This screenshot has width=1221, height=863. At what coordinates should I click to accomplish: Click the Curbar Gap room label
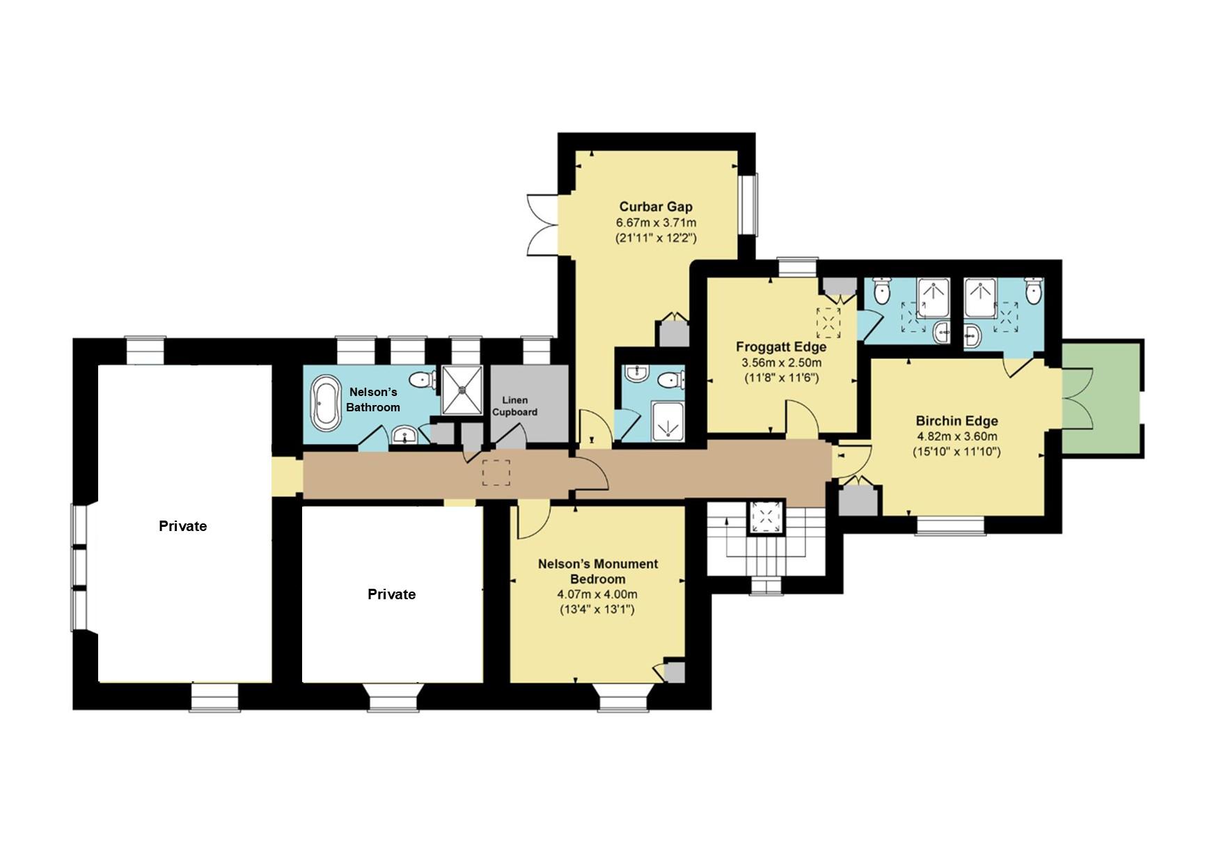pyautogui.click(x=656, y=207)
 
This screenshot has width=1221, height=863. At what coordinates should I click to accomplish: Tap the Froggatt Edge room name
pyautogui.click(x=781, y=347)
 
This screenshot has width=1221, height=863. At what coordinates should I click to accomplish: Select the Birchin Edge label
pyautogui.click(x=956, y=421)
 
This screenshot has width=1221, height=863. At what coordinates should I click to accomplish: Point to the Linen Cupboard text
pyautogui.click(x=514, y=406)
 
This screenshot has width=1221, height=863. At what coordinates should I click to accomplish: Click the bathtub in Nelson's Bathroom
pyautogui.click(x=325, y=403)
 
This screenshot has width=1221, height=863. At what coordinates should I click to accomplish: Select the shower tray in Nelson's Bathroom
pyautogui.click(x=462, y=390)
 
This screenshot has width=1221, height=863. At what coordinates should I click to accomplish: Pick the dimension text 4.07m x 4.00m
pyautogui.click(x=597, y=594)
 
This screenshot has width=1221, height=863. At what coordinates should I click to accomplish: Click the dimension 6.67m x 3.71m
pyautogui.click(x=656, y=223)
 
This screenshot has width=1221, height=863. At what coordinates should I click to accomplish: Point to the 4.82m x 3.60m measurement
pyautogui.click(x=956, y=436)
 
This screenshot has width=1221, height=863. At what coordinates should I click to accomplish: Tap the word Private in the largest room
pyautogui.click(x=182, y=526)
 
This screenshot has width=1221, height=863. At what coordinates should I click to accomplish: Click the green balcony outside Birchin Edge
pyautogui.click(x=1102, y=399)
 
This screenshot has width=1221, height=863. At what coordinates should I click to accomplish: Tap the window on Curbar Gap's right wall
pyautogui.click(x=749, y=205)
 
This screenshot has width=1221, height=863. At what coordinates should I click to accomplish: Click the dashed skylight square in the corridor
pyautogui.click(x=497, y=473)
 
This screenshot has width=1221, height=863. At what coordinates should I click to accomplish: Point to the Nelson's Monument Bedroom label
pyautogui.click(x=598, y=571)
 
